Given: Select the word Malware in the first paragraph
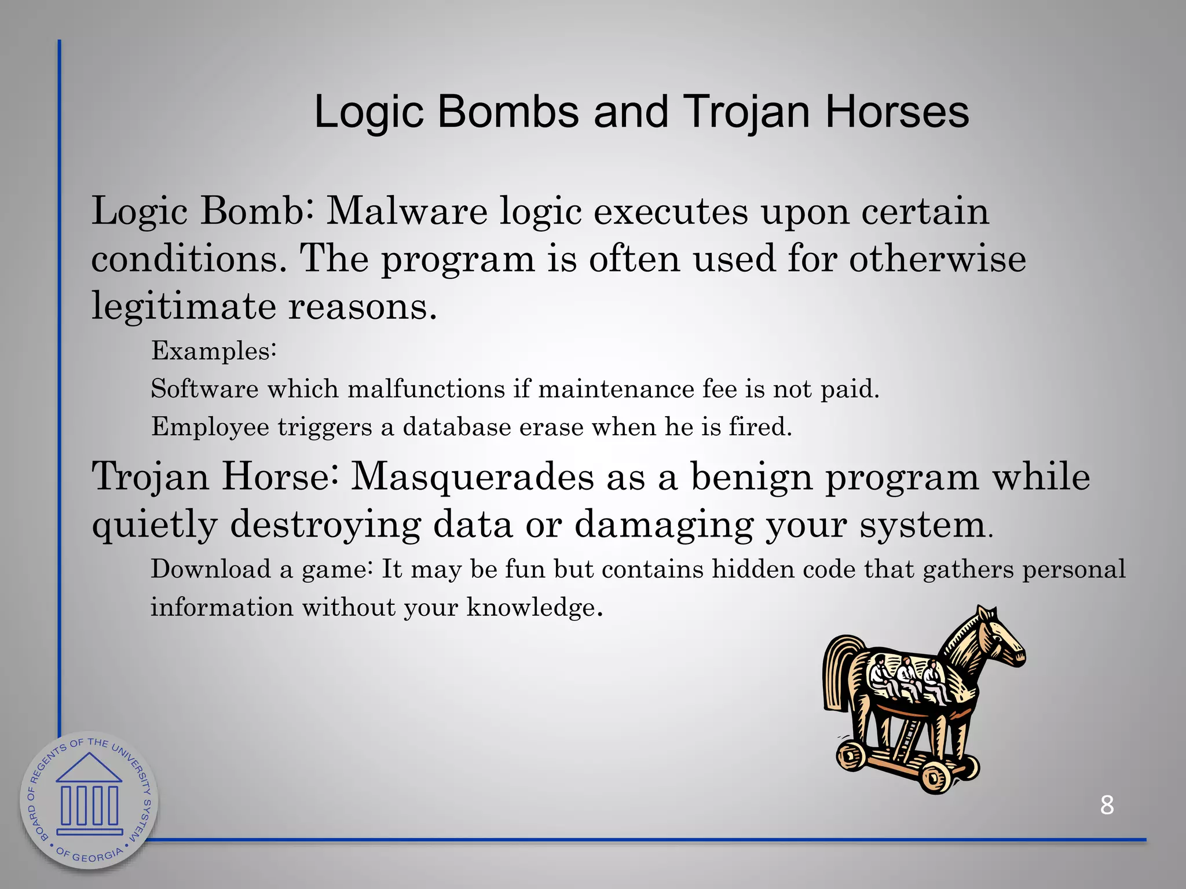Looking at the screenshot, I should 407,211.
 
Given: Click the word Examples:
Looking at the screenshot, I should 214,351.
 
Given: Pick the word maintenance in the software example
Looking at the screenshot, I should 616,389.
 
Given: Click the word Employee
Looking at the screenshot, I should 210,427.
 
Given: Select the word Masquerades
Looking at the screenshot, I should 473,478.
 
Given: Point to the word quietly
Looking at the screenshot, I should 154,526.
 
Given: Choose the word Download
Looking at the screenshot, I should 211,570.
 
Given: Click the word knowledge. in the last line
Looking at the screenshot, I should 535,608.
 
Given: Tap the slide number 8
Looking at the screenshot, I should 1107,805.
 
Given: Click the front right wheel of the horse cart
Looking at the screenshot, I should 934,777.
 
